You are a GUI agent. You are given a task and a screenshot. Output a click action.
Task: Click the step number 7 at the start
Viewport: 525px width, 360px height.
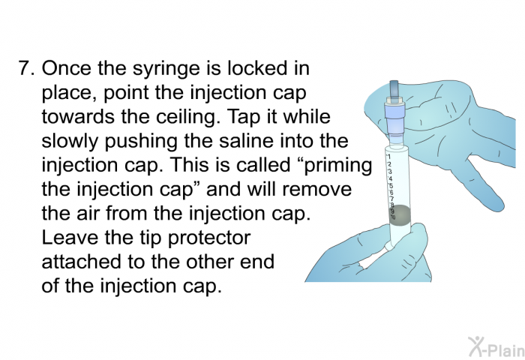pyautogui.click(x=25, y=70)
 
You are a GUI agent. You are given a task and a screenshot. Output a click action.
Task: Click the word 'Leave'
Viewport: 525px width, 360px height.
pyautogui.click(x=65, y=238)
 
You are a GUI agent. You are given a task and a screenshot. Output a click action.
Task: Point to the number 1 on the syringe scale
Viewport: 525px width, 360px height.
pyautogui.click(x=385, y=158)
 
